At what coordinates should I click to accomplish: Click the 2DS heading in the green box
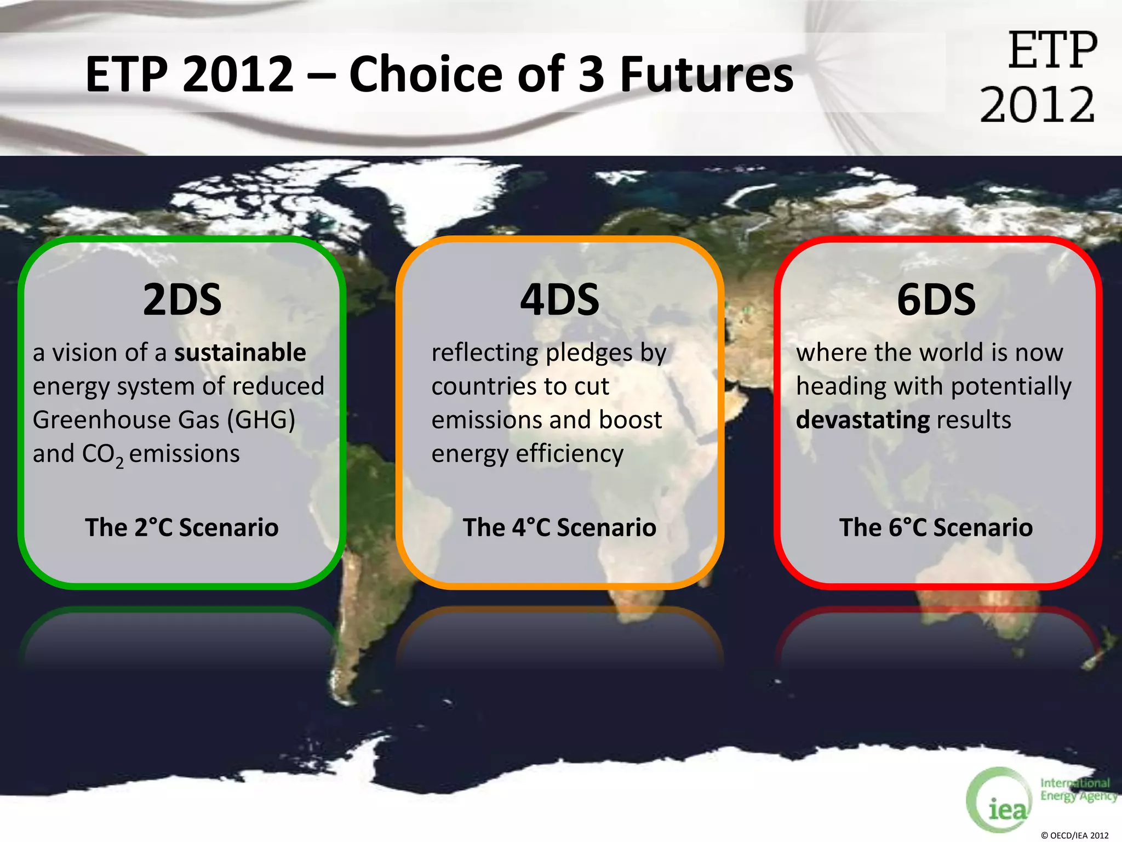182,300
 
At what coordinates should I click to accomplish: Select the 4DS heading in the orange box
559,300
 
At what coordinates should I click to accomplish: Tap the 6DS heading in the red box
936,300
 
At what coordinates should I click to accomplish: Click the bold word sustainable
240,352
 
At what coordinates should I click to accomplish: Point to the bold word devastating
863,420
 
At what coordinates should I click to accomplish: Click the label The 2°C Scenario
182,527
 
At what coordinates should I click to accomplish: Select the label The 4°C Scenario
559,527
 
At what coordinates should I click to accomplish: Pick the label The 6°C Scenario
936,527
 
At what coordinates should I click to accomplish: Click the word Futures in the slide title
706,75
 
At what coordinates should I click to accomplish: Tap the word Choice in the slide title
426,75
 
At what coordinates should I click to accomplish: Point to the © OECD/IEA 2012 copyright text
1074,835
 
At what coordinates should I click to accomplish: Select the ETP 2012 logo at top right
1039,77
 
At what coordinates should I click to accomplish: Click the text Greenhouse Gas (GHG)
164,420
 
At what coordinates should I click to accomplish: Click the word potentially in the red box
1011,387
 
